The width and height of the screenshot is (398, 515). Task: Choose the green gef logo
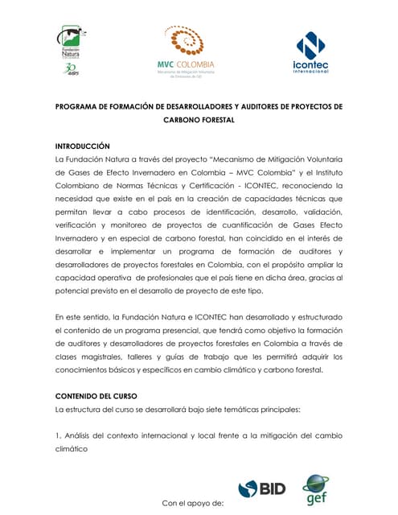(314, 489)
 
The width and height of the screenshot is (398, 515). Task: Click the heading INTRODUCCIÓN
(81, 146)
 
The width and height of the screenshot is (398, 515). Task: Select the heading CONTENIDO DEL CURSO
(97, 396)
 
